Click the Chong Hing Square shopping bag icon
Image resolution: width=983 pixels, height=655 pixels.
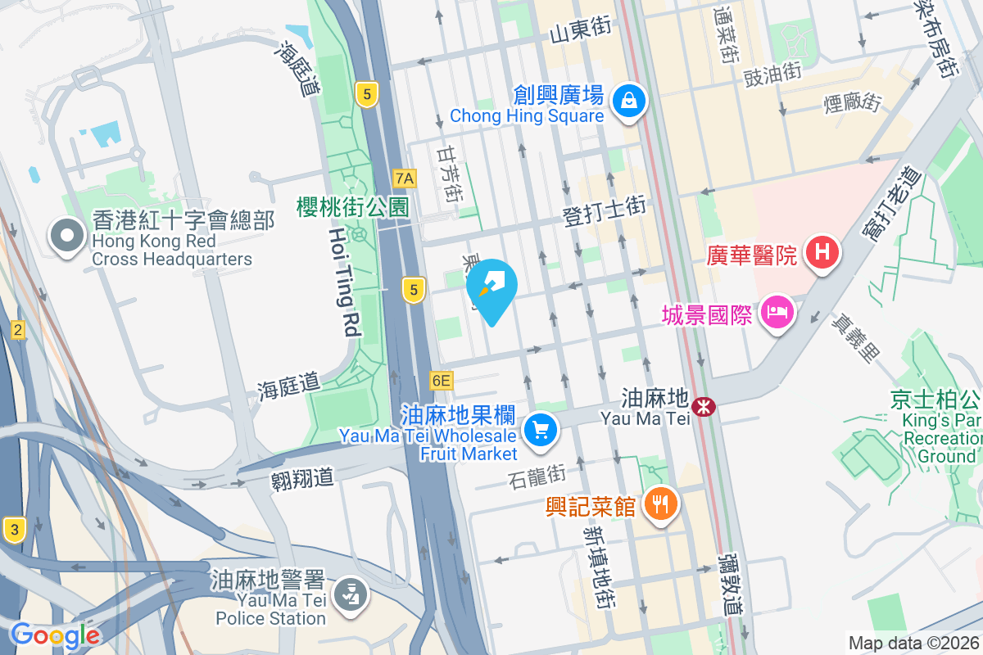pyautogui.click(x=628, y=102)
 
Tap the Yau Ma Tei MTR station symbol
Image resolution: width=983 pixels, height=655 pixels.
pyautogui.click(x=703, y=405)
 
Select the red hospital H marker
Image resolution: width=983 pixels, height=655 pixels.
pyautogui.click(x=823, y=251)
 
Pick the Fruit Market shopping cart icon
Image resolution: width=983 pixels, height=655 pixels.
pyautogui.click(x=541, y=428)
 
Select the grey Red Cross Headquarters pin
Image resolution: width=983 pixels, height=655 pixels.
pyautogui.click(x=67, y=237)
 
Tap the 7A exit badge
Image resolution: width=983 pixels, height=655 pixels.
pyautogui.click(x=405, y=178)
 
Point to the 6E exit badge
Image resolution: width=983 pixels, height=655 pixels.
pyautogui.click(x=441, y=380)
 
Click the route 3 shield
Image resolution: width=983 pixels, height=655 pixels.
pyautogui.click(x=13, y=529)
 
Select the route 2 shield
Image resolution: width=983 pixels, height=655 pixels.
pyautogui.click(x=18, y=330)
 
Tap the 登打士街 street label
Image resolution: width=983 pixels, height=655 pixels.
pyautogui.click(x=605, y=213)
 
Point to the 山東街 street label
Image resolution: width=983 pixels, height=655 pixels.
pyautogui.click(x=581, y=32)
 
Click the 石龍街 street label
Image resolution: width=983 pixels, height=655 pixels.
pyautogui.click(x=537, y=475)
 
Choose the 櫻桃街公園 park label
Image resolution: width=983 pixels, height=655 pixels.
pyautogui.click(x=352, y=206)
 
